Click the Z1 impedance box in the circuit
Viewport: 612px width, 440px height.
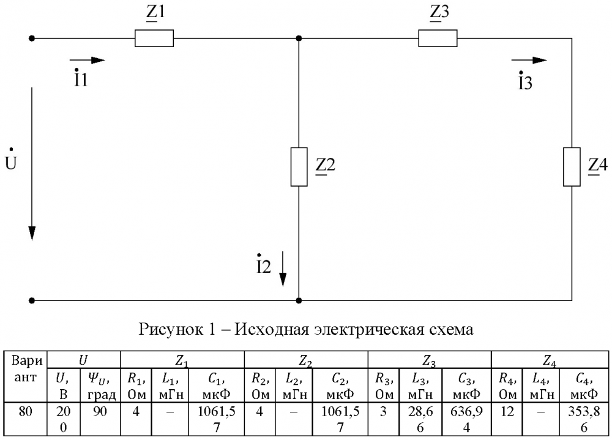tap(154, 39)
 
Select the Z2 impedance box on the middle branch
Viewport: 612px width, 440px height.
tap(299, 166)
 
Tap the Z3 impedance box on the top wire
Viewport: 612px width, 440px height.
tap(438, 39)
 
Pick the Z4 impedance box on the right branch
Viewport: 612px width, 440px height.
tap(572, 166)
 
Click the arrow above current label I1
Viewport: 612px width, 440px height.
tap(88, 60)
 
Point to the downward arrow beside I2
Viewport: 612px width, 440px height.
tap(283, 269)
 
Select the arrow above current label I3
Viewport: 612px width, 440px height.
tap(529, 60)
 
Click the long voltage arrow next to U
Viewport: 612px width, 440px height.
tap(32, 164)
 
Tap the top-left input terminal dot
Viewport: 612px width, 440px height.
tap(32, 39)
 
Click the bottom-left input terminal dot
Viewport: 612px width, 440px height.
tap(32, 300)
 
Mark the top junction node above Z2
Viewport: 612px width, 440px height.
tap(299, 39)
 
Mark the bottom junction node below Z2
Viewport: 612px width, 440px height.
tap(299, 300)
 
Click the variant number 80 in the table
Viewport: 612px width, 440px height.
tap(25, 411)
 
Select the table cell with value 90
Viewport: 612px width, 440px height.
tap(100, 411)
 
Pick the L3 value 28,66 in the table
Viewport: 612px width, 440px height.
tap(420, 419)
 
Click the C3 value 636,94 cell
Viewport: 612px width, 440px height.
tap(466, 419)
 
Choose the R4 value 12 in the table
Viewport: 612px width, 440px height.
tap(507, 411)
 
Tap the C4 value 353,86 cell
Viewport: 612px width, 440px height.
tap(584, 419)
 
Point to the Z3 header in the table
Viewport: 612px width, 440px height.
tap(429, 360)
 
